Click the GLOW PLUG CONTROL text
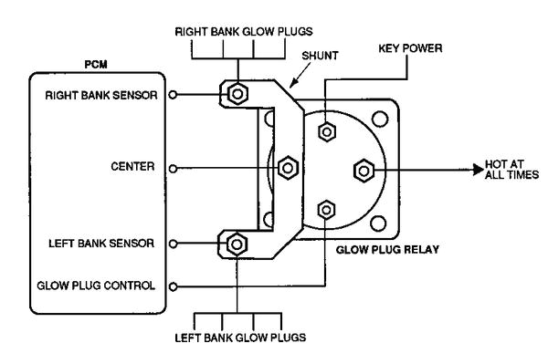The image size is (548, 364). (96, 285)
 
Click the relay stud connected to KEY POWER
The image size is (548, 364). (326, 130)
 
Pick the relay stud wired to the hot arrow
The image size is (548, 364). (362, 169)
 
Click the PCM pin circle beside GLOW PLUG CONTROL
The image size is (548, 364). (174, 285)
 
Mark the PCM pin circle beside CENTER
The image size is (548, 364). (174, 168)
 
